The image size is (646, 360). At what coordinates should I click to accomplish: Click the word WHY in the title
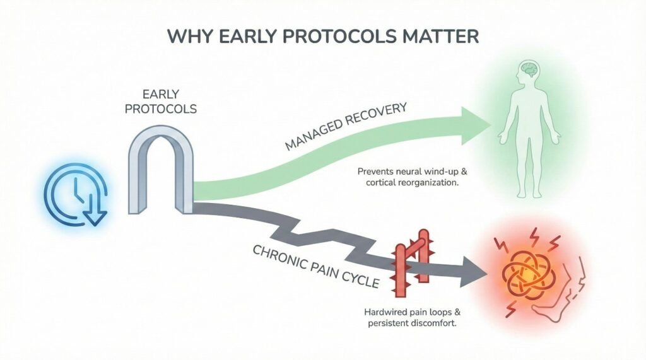pyautogui.click(x=193, y=35)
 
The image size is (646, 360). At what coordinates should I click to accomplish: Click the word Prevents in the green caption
pyautogui.click(x=377, y=171)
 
